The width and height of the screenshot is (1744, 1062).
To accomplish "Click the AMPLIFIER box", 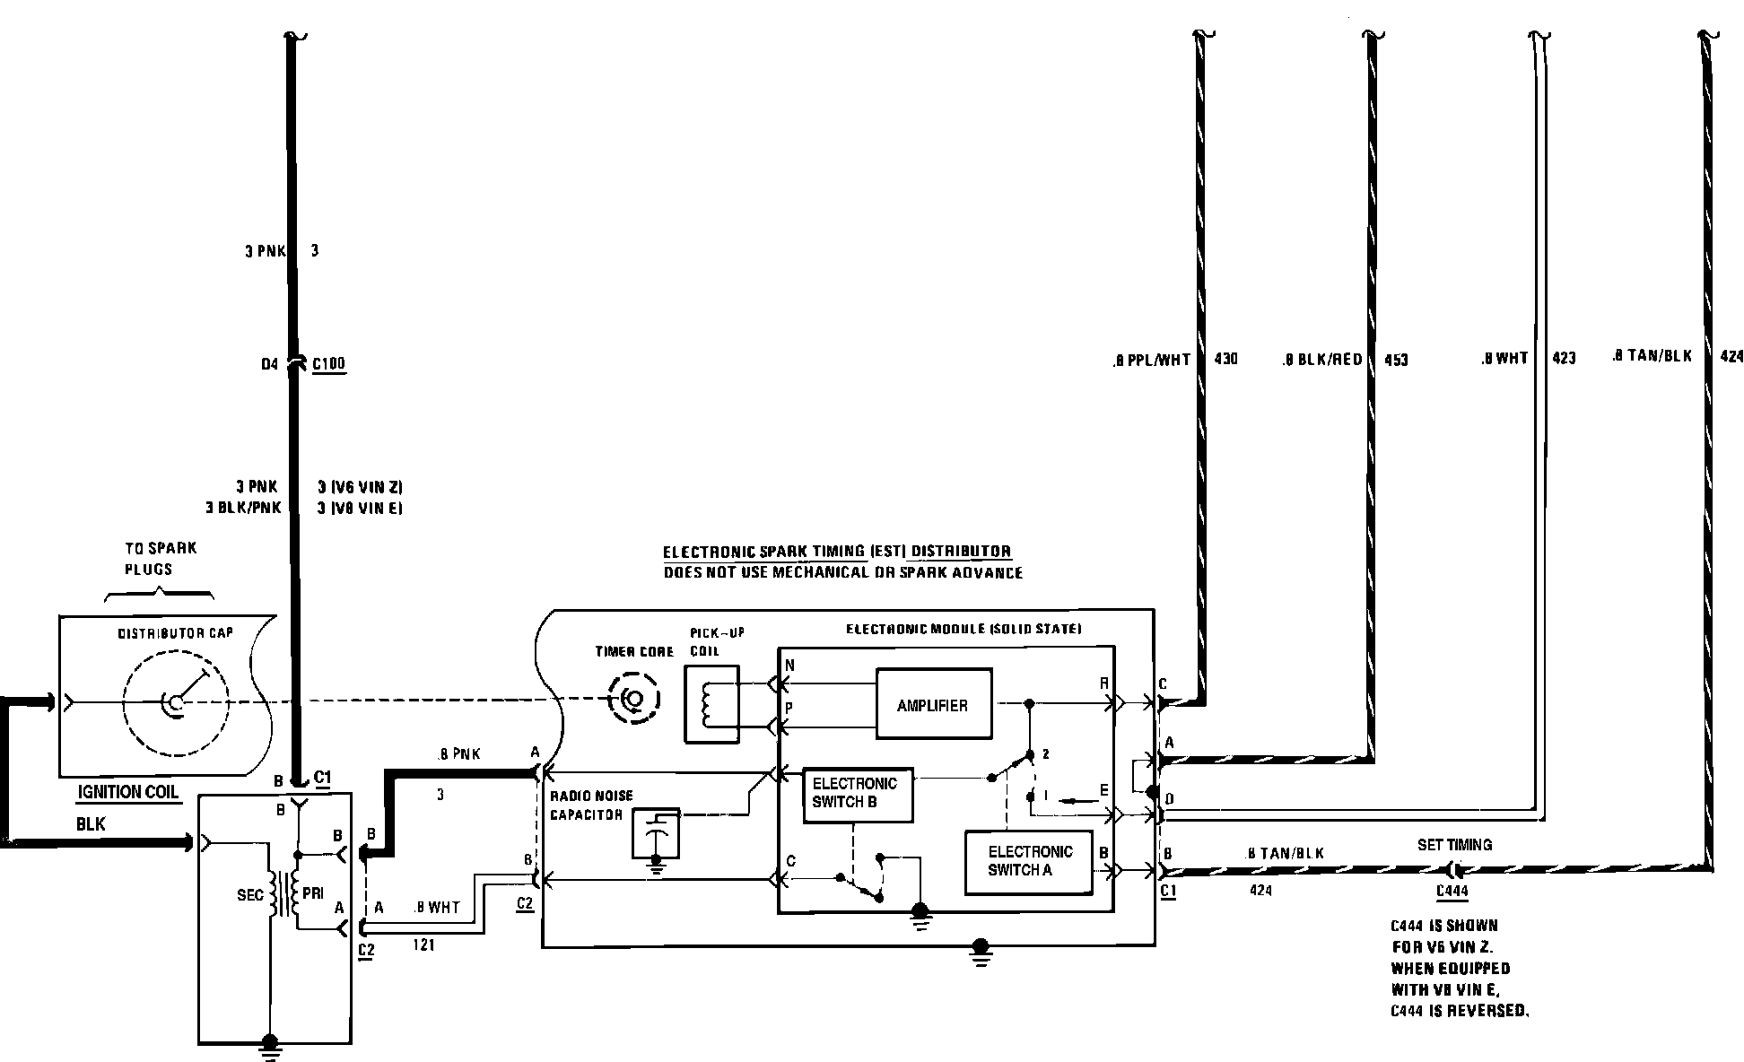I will (933, 704).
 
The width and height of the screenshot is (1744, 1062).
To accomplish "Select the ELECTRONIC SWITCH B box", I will (857, 794).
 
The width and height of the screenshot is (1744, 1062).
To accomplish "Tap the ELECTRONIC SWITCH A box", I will (1029, 862).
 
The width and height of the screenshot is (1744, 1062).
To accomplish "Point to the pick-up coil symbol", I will (711, 704).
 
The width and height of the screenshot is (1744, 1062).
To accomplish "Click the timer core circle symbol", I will (633, 698).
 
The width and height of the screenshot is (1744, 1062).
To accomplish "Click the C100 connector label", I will (328, 364).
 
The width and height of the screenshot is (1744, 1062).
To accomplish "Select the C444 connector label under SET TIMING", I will (1452, 891).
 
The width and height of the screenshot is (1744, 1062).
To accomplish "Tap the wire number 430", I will (1225, 359).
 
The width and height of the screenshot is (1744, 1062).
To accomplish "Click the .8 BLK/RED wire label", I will (1321, 360).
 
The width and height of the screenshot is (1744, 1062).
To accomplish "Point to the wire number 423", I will (1563, 358).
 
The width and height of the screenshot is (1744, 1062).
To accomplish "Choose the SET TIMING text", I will (1454, 845).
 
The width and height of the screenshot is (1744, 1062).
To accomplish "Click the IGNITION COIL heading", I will (128, 792).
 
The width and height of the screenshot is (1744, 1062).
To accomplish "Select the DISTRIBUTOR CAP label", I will (176, 633).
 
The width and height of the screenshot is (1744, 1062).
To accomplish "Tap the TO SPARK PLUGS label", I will (161, 558).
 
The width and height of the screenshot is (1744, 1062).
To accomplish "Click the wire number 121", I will (423, 944).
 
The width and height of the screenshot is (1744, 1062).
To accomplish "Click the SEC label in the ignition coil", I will (250, 895).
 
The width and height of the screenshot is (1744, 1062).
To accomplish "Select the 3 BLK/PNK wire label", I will (243, 508).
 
